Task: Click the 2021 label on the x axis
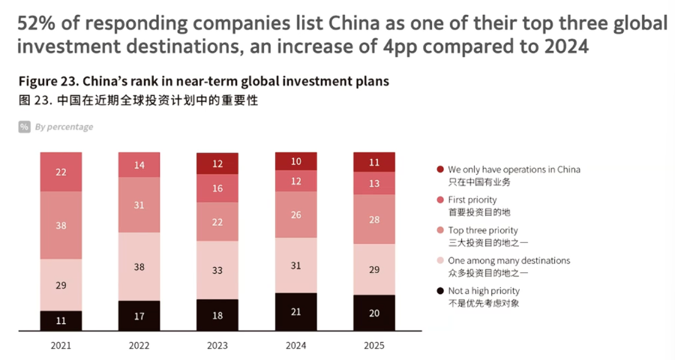click(61, 345)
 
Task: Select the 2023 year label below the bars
click(217, 345)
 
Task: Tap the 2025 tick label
click(374, 345)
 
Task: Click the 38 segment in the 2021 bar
click(61, 225)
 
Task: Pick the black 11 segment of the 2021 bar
click(61, 320)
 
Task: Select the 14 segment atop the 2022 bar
click(139, 165)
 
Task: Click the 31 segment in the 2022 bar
click(139, 205)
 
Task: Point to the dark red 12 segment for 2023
click(217, 163)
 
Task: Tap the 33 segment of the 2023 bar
click(217, 270)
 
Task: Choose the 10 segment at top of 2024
click(295, 161)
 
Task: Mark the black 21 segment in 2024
click(295, 311)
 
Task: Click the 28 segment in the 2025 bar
click(374, 219)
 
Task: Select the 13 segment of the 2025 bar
click(374, 184)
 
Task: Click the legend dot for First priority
click(439, 200)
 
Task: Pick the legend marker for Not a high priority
click(439, 290)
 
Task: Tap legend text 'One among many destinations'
click(508, 260)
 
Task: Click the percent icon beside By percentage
click(25, 127)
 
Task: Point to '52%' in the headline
click(36, 22)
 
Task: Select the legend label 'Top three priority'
click(483, 230)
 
